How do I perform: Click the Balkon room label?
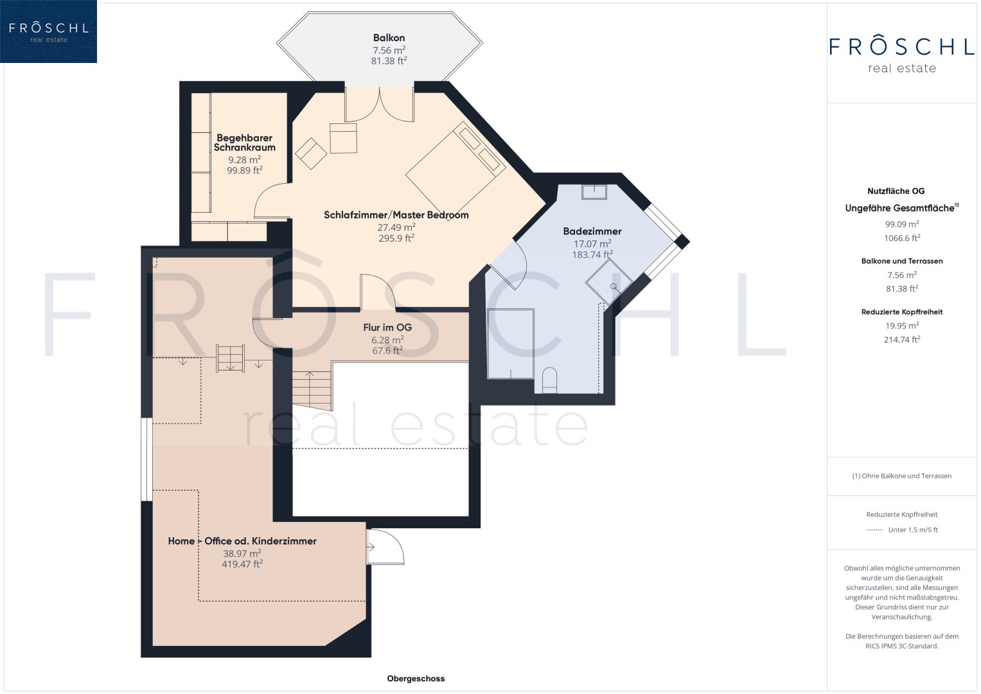(389, 38)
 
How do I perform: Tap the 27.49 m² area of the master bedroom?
(396, 227)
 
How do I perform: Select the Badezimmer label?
(592, 231)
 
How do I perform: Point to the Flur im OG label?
(387, 327)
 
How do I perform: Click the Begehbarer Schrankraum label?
(244, 143)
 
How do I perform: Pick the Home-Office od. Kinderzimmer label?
(242, 540)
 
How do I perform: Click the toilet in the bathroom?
(549, 380)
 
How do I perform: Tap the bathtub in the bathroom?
(511, 344)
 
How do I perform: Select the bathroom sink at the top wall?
(594, 192)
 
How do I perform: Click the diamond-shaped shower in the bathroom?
(609, 282)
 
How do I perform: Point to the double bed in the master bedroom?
(455, 170)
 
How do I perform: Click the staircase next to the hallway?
(312, 391)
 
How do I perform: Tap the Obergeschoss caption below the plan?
(416, 678)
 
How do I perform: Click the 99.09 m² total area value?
(902, 224)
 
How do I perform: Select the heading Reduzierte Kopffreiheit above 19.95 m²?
(902, 312)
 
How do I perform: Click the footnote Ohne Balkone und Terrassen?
(902, 476)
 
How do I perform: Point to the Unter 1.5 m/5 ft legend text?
(913, 529)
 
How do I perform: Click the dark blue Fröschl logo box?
(49, 31)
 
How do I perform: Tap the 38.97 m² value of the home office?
(242, 553)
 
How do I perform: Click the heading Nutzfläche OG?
(896, 191)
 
